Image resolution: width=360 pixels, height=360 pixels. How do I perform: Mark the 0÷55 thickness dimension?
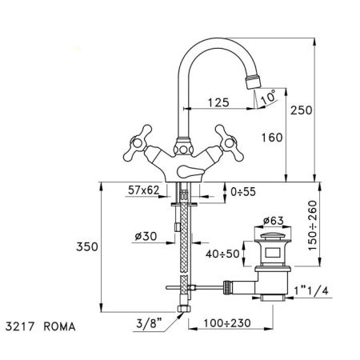click(x=242, y=193)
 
